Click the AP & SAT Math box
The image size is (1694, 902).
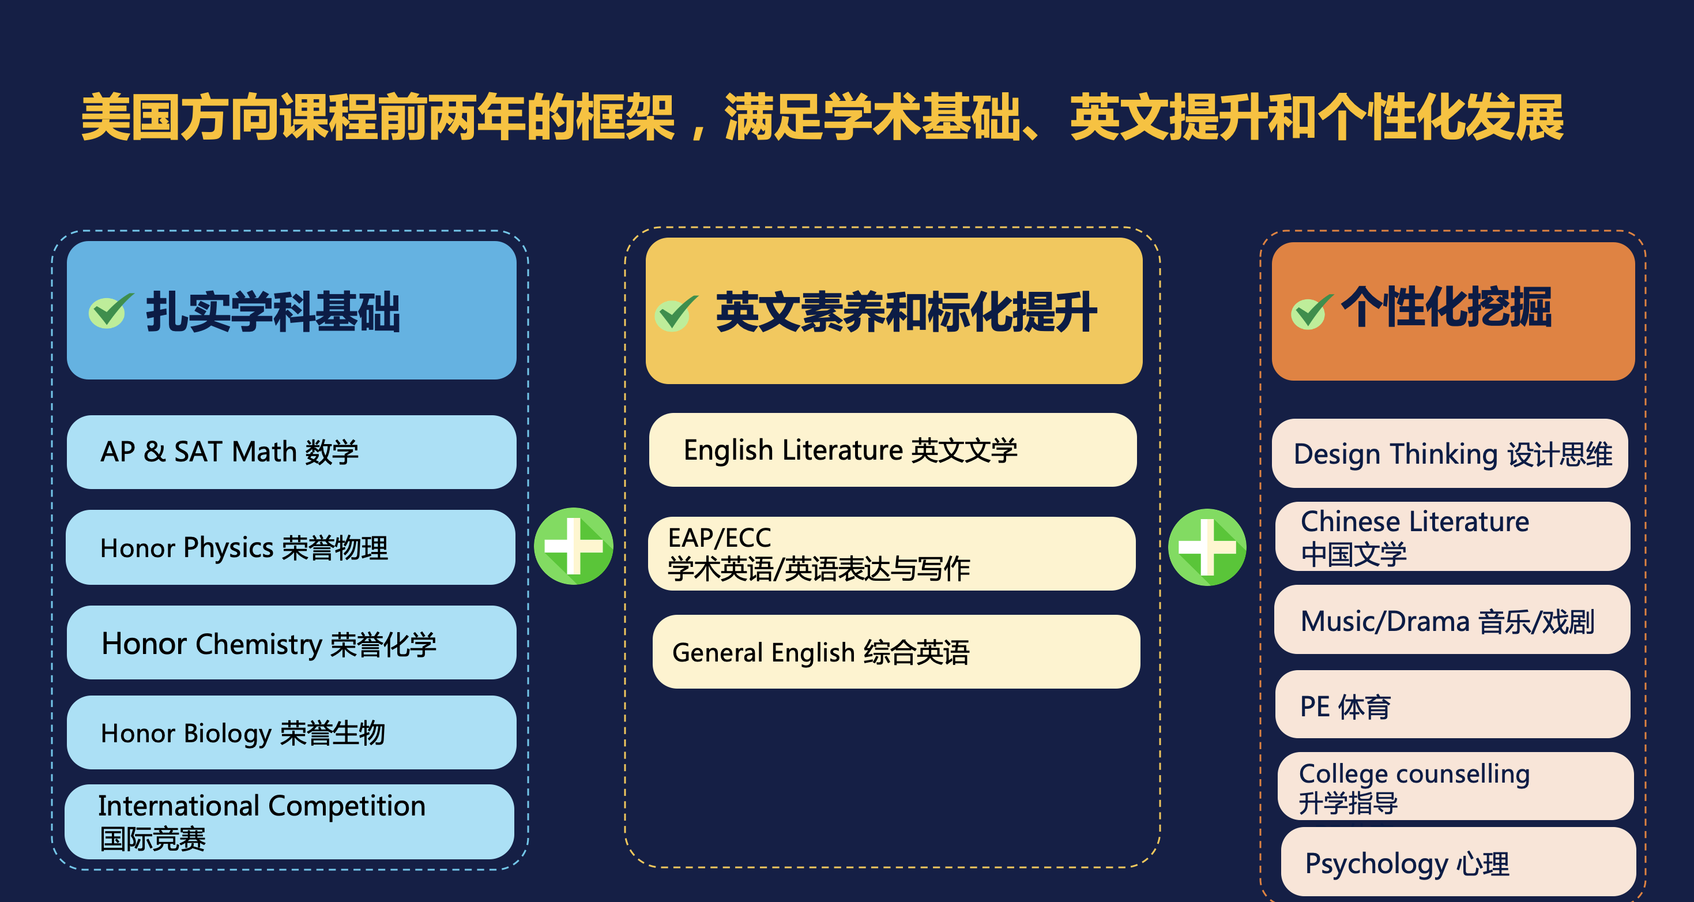[291, 452]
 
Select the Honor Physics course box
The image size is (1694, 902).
[291, 547]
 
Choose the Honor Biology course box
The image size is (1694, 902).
[291, 732]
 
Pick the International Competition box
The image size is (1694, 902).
[289, 822]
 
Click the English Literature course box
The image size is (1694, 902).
[893, 450]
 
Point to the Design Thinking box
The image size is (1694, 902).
[1450, 453]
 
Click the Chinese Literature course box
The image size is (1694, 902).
[1452, 536]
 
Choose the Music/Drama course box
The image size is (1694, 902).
[1452, 620]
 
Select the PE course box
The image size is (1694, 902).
[1452, 705]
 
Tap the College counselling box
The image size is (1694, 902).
[1455, 786]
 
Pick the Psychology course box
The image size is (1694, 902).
[1459, 862]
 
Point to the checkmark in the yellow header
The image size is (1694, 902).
[675, 313]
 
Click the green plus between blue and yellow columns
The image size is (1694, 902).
[574, 546]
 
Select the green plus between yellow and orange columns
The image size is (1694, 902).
[1207, 547]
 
